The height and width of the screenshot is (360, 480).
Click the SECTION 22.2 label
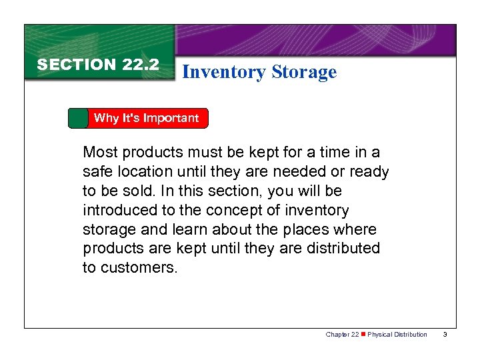[x=98, y=65]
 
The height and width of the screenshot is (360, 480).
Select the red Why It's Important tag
[x=146, y=118]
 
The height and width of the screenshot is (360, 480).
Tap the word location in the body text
[x=145, y=171]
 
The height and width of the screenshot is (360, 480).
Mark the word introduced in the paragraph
[x=123, y=210]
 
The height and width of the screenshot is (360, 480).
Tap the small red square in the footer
[x=363, y=334]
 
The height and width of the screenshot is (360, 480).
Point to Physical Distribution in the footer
[x=398, y=334]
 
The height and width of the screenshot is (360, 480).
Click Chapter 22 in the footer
[x=342, y=334]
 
